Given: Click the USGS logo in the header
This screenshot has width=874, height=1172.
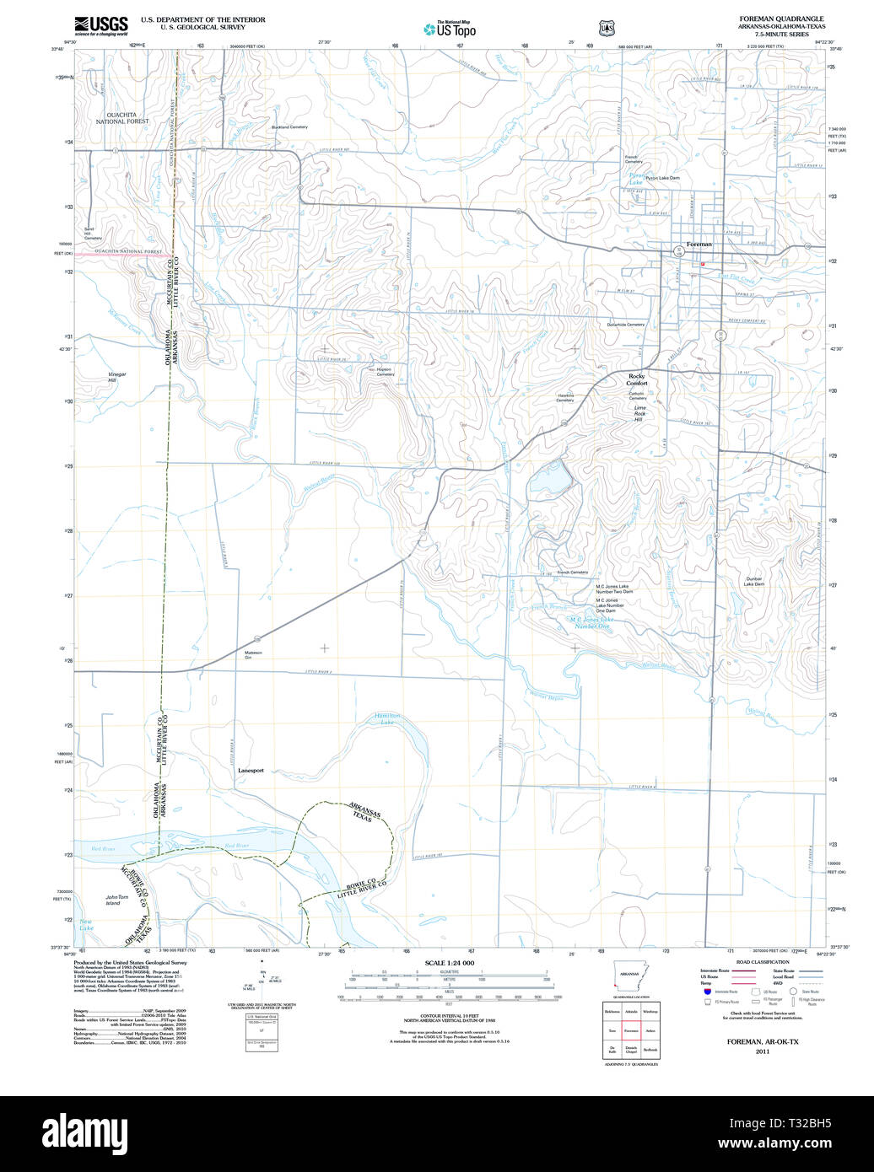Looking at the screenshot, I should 100,25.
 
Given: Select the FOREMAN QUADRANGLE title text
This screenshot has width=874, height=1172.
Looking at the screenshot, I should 781,19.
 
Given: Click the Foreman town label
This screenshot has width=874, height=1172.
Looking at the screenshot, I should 699,244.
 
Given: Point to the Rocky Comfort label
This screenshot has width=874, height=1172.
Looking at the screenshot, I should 637,379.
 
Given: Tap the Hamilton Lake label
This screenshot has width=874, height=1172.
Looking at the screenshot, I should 387,718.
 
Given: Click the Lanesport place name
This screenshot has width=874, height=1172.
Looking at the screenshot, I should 251,771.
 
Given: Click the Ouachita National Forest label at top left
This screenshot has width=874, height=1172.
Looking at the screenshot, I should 121,117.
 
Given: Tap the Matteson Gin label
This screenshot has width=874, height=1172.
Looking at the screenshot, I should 254,654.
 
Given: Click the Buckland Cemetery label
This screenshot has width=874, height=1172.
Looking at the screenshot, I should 289,127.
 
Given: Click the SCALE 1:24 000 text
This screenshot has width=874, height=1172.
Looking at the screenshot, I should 450,963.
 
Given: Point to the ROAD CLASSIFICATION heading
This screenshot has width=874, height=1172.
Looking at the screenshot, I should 763,962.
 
